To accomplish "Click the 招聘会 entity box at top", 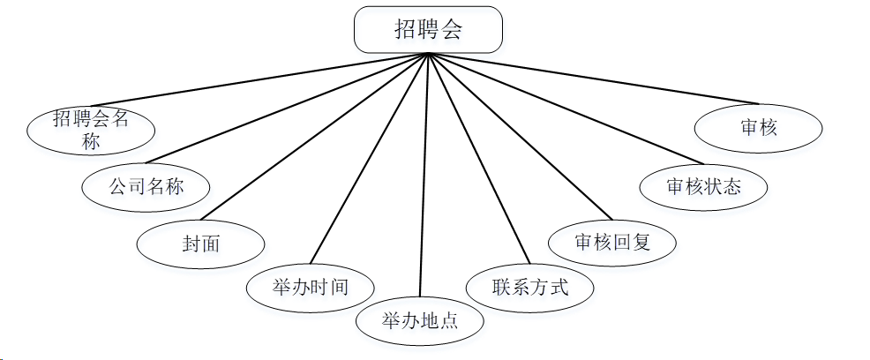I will click(428, 30).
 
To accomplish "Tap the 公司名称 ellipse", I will click(146, 186).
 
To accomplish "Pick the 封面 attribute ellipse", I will click(201, 243).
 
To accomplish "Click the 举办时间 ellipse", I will click(310, 287).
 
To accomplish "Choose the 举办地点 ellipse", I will click(420, 320).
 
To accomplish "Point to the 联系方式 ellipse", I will click(529, 287).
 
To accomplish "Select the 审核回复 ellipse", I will click(612, 242).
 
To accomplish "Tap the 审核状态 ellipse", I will click(703, 186).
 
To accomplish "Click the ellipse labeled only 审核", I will click(759, 129).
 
